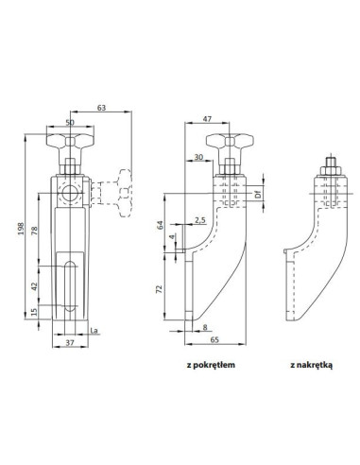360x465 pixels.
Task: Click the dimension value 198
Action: pyautogui.click(x=21, y=229)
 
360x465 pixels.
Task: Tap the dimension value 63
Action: pyautogui.click(x=101, y=108)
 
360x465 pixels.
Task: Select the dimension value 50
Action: pyautogui.click(x=70, y=122)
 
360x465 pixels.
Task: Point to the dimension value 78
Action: pyautogui.click(x=35, y=231)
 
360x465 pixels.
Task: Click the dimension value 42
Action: pyautogui.click(x=35, y=286)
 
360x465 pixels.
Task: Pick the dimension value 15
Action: pyautogui.click(x=35, y=312)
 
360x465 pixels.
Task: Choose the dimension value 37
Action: pyautogui.click(x=70, y=342)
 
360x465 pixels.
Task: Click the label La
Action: pyautogui.click(x=94, y=331)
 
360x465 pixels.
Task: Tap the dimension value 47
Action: pyautogui.click(x=207, y=119)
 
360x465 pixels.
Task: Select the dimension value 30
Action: pyautogui.click(x=198, y=157)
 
